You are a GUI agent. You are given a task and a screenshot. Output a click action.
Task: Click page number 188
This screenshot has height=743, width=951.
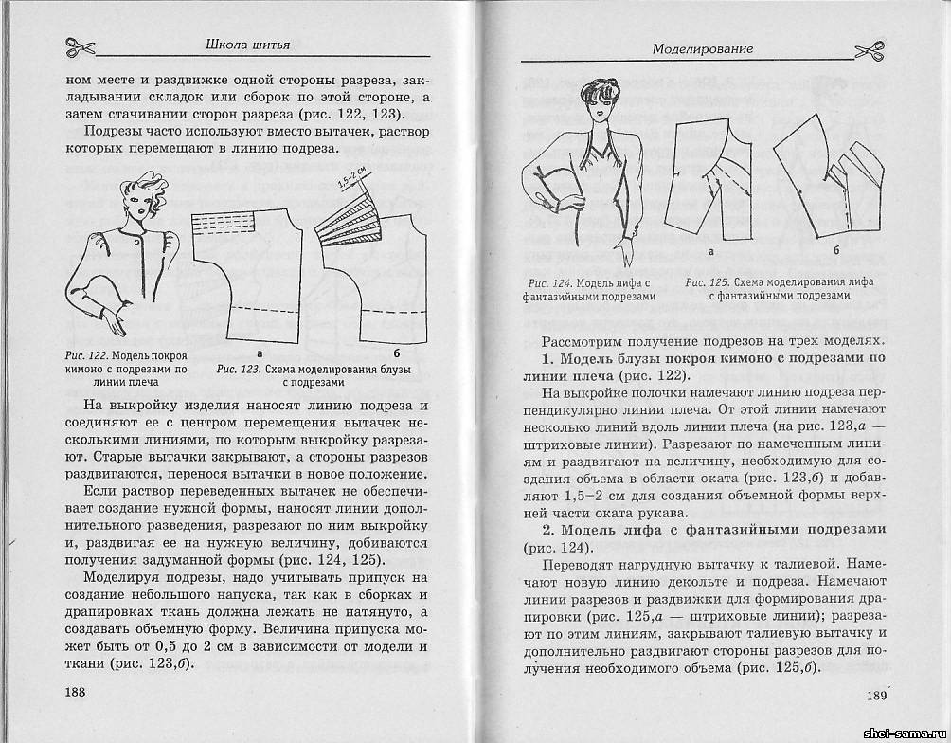(x=75, y=693)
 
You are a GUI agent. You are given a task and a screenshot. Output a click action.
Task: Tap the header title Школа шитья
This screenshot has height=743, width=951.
(x=247, y=44)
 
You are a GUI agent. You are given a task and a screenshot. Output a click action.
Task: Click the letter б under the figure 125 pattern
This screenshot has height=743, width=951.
(x=836, y=250)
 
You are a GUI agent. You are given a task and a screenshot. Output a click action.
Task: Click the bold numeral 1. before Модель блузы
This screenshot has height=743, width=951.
(x=547, y=358)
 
